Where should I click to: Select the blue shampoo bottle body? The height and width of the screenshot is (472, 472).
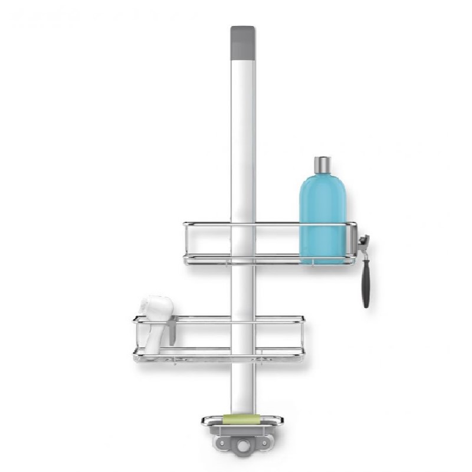pyautogui.click(x=322, y=212)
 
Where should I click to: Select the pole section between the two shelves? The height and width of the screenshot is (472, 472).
pyautogui.click(x=241, y=289)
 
